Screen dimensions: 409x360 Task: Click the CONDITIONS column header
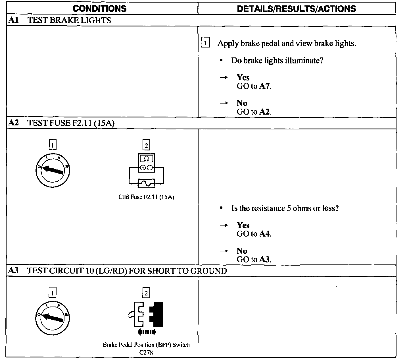pos(99,8)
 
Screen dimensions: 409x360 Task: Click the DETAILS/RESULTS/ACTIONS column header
pos(296,9)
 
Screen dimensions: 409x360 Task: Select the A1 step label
pos(14,20)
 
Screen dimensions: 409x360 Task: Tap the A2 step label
pos(14,123)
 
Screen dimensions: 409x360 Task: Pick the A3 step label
pos(14,270)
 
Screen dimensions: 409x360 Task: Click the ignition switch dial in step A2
pos(53,170)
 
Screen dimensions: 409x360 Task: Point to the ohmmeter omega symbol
pos(146,159)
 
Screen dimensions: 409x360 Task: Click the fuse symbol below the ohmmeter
pos(146,183)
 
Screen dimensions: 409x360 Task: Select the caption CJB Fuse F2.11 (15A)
pos(146,197)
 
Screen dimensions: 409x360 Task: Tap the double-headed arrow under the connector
pos(146,332)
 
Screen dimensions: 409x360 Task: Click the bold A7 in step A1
pos(264,86)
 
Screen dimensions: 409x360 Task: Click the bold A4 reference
pos(264,234)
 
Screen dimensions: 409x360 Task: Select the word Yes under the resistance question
pos(243,225)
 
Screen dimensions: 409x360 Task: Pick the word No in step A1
pos(242,103)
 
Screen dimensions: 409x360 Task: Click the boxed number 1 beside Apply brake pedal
pos(205,43)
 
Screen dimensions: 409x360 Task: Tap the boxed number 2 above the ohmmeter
pos(146,145)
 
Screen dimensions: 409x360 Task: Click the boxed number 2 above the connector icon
pos(146,293)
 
